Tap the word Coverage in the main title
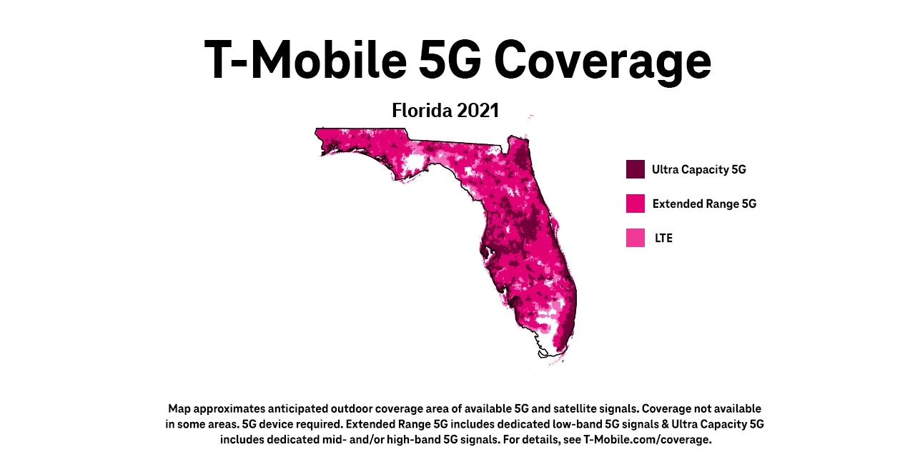(x=602, y=61)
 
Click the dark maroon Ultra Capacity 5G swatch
(x=635, y=169)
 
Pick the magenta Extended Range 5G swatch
(x=635, y=204)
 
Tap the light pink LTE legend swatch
(x=635, y=238)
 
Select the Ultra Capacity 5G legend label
(x=698, y=170)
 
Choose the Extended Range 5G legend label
(x=704, y=204)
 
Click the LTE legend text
(x=663, y=238)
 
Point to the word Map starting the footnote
(x=179, y=409)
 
